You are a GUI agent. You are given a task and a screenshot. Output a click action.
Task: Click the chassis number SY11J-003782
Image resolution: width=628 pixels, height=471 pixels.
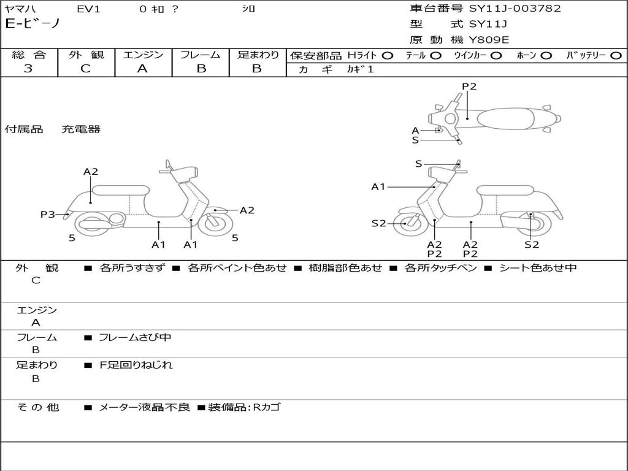pyautogui.click(x=515, y=9)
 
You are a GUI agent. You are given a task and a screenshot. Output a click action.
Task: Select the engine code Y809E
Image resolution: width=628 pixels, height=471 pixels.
pyautogui.click(x=489, y=40)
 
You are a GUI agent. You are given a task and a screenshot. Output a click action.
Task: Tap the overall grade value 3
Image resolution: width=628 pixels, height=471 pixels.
pyautogui.click(x=28, y=68)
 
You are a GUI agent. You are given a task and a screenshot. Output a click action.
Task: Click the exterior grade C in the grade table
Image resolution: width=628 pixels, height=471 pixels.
pyautogui.click(x=85, y=68)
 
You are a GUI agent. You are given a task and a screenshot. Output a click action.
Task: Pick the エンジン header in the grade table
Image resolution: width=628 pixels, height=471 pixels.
pyautogui.click(x=143, y=55)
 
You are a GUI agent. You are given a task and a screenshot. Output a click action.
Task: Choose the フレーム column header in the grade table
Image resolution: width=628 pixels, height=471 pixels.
pyautogui.click(x=201, y=55)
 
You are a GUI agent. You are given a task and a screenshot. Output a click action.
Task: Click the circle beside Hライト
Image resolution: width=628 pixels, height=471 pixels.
pyautogui.click(x=387, y=55)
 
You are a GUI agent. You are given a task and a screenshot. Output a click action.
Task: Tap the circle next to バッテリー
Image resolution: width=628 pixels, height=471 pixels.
pyautogui.click(x=616, y=55)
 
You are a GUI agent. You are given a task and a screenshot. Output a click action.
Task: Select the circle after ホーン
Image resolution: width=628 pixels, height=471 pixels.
pyautogui.click(x=546, y=55)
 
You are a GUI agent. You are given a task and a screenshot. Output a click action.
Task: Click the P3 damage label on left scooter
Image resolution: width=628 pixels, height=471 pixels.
pyautogui.click(x=48, y=214)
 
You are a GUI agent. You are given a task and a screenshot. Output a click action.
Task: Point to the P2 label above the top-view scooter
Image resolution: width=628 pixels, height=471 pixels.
pyautogui.click(x=469, y=86)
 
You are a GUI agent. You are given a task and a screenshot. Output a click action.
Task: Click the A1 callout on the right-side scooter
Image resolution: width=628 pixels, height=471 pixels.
pyautogui.click(x=378, y=186)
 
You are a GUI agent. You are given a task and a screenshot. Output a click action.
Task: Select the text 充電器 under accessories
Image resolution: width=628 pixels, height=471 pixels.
pyautogui.click(x=81, y=129)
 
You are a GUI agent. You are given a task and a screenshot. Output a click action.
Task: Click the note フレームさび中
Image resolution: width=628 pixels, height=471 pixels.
pyautogui.click(x=136, y=337)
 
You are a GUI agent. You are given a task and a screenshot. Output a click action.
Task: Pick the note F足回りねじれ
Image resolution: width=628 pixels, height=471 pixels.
pyautogui.click(x=136, y=365)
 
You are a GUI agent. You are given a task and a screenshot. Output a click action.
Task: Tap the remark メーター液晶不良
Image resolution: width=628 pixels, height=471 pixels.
pyautogui.click(x=145, y=407)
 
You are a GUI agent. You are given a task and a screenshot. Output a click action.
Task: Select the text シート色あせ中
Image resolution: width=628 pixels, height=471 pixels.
pyautogui.click(x=538, y=267)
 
